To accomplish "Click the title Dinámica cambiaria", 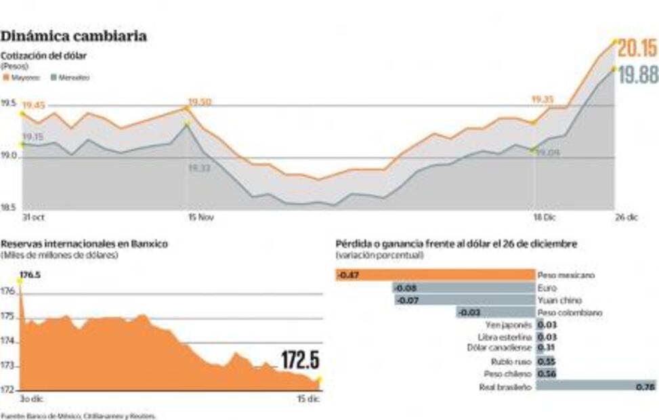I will point(74,36).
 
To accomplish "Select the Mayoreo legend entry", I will point(22,78).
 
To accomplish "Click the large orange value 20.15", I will point(637,48).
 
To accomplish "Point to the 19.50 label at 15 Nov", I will point(199,102).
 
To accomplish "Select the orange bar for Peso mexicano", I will point(435,275).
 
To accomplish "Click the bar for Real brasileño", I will point(596,386).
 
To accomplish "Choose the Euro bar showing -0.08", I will point(463,288).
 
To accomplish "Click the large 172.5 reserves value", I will point(299,360).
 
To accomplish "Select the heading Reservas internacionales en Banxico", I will point(84,244).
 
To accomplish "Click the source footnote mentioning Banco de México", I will point(79,415).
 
